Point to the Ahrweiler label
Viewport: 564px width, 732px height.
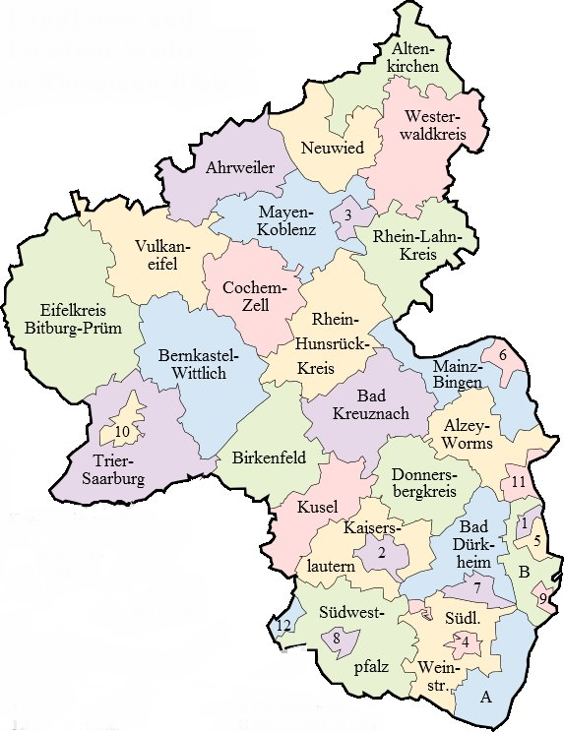240,167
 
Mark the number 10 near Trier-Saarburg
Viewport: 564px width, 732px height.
122,432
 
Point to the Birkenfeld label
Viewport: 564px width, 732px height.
267,457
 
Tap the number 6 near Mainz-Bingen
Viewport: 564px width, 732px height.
502,355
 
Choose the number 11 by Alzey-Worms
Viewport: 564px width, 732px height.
519,481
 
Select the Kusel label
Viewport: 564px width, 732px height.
317,508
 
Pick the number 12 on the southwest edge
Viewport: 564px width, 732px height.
282,626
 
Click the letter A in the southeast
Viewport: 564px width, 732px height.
484,698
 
